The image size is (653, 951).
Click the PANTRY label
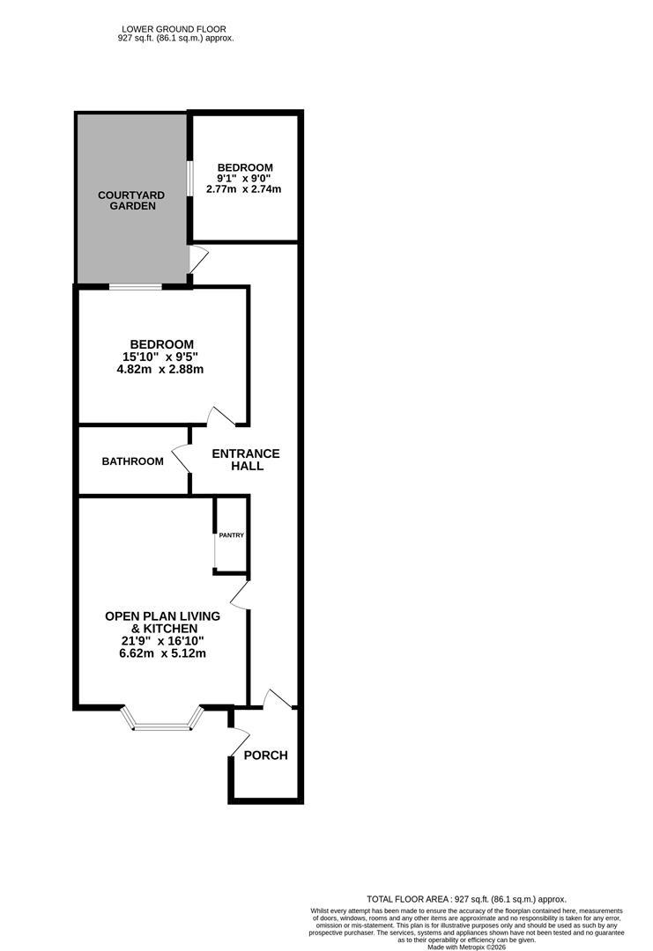point(231,535)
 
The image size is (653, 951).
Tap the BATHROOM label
point(132,461)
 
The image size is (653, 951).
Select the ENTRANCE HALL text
point(247,460)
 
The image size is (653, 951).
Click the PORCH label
point(265,756)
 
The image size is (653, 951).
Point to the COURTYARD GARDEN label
point(127,200)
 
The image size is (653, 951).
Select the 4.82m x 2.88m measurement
point(161,370)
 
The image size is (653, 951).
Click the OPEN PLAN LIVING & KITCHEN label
point(162,622)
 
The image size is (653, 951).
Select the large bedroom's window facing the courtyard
point(135,286)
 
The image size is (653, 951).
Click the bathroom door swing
point(181,458)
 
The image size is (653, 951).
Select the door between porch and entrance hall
point(278,698)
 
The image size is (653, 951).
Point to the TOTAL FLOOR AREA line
point(468,899)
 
